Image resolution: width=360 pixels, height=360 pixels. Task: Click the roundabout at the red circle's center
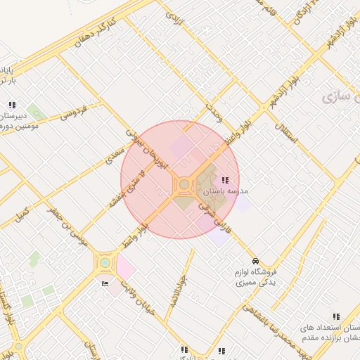tap(184, 184)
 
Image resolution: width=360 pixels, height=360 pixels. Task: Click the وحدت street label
tap(214, 110)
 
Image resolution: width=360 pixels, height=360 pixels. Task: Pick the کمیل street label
tap(23, 210)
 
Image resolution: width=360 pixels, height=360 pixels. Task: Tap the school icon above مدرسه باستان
tap(225, 181)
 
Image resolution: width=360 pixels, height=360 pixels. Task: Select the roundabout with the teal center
tap(105, 263)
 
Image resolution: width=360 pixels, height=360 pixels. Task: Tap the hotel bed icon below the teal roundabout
tap(105, 283)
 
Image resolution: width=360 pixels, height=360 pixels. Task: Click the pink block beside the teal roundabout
tap(126, 267)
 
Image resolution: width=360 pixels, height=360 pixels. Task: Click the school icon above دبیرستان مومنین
tap(12, 105)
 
